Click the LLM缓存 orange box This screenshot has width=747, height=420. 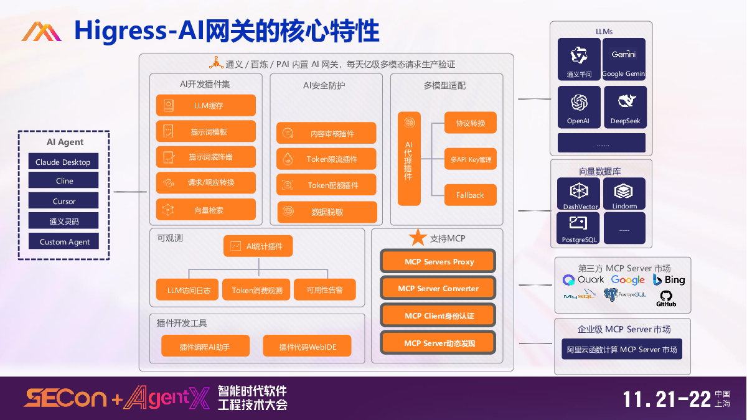206,106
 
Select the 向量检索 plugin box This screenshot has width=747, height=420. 206,210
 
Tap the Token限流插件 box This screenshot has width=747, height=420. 326,159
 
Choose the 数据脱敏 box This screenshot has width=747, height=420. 327,212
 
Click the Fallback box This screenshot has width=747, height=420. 470,195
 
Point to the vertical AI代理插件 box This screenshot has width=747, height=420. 409,159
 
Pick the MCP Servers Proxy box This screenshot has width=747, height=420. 438,261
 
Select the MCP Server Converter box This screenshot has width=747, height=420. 438,288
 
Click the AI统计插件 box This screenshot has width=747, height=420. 258,246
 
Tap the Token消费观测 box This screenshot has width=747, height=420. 257,290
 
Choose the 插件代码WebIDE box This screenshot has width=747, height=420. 307,347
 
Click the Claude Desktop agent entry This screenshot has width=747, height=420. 63,162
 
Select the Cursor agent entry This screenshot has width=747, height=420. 63,201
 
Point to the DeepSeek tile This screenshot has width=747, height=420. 625,107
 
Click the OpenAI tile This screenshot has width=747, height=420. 578,107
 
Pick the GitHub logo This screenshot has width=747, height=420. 666,298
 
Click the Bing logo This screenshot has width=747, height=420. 669,279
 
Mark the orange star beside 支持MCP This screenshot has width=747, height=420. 418,237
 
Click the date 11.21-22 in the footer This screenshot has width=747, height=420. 667,399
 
